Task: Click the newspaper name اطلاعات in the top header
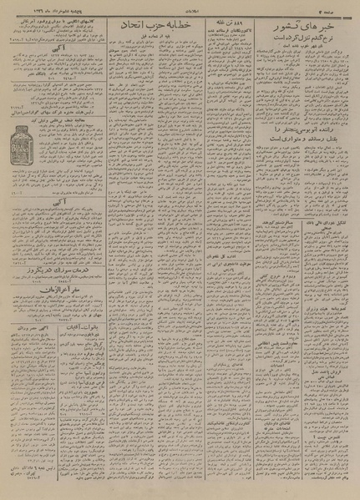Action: tap(180, 7)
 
